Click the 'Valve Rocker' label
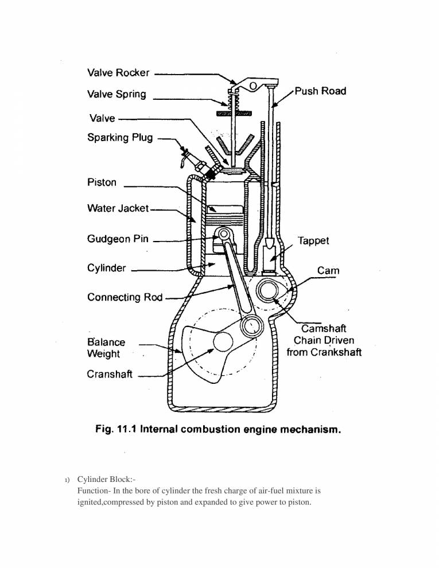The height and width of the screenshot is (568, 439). point(118,73)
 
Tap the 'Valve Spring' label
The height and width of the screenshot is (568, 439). point(116,94)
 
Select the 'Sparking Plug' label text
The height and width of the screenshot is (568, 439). point(120,138)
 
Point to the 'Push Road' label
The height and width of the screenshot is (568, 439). point(320,91)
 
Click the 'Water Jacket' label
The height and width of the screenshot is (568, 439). point(118,208)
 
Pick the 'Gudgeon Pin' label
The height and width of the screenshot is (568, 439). point(118,239)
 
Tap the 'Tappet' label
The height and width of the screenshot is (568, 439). point(313,241)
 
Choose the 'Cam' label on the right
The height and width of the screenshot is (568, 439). point(328,270)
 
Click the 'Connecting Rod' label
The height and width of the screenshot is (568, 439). point(125,297)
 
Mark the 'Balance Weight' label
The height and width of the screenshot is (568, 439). point(106,348)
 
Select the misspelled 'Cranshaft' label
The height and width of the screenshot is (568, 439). point(110,374)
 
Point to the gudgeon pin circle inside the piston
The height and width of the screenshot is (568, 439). point(221,235)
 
